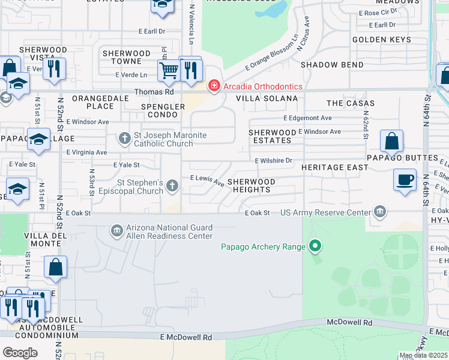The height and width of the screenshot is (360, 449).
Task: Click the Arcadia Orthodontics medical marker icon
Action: tap(213, 86)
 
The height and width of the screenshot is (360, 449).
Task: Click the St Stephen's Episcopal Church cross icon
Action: tap(172, 185)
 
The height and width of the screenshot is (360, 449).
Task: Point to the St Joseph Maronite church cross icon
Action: tap(125, 139)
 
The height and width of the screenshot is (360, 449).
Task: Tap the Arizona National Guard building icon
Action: tap(116, 230)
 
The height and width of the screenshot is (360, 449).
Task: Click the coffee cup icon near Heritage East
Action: tap(405, 179)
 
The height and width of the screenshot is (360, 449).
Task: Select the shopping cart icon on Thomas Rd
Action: tap(169, 70)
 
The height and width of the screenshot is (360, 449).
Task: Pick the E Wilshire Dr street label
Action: tap(273, 161)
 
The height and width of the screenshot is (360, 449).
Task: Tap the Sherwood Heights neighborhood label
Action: tap(251, 185)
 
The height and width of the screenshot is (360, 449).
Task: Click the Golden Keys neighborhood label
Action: tap(382, 40)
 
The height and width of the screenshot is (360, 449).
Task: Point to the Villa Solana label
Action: tap(267, 98)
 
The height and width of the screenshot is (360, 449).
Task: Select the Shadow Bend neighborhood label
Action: tap(332, 65)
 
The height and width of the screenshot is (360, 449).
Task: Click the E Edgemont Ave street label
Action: tap(307, 118)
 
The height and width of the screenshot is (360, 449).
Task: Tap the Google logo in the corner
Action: tap(20, 352)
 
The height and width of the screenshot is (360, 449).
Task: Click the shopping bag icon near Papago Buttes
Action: tap(391, 142)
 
